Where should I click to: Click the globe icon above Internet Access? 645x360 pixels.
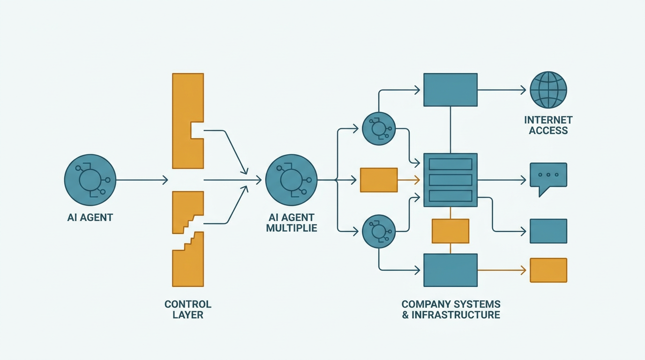548,90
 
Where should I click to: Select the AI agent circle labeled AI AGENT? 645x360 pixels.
90,180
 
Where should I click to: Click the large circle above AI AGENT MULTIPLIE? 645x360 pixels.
291,180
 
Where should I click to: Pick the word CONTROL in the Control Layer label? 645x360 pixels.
188,304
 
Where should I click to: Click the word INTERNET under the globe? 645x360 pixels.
548,120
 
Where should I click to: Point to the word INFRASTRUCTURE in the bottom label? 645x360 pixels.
456,315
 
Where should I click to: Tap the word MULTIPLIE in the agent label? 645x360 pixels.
292,228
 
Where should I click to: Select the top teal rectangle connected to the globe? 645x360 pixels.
450,90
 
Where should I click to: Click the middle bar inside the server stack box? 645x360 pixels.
450,180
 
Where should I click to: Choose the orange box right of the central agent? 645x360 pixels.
379,180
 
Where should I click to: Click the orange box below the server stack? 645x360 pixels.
450,231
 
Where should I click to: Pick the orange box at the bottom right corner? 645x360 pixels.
548,270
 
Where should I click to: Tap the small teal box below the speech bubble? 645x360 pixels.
548,231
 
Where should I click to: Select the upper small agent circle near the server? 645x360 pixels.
379,128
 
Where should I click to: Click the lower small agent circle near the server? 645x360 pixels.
379,231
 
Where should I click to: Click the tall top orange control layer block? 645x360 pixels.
188,121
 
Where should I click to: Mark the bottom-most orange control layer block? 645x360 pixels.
188,259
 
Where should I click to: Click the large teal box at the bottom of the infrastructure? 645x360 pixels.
450,270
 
